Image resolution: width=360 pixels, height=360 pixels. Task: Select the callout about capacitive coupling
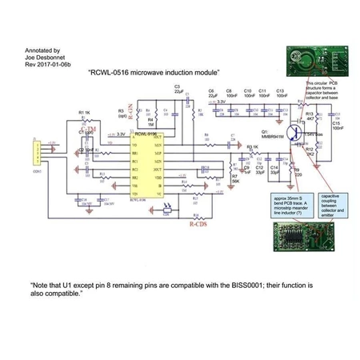[333, 203]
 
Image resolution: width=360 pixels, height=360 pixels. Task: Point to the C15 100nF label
[337, 125]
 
